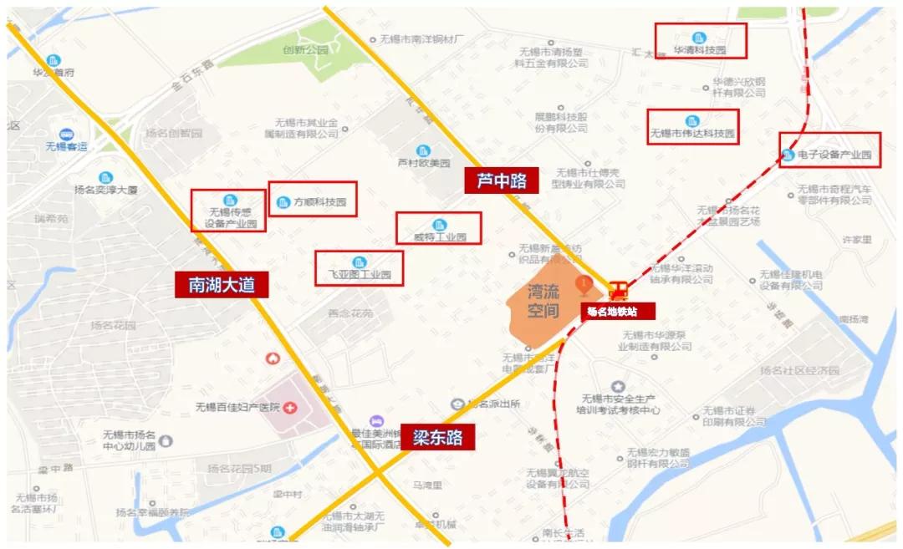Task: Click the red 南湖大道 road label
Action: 222,285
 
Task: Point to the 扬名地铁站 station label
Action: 611,311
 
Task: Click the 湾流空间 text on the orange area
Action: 543,302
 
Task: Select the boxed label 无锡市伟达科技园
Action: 692,127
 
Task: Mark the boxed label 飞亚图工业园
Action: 360,268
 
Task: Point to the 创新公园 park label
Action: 306,50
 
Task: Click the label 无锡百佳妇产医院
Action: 237,408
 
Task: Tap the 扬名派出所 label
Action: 493,404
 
